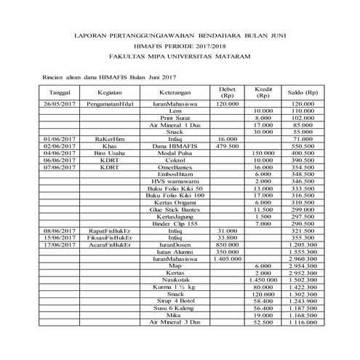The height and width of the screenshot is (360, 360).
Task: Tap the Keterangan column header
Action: point(175,94)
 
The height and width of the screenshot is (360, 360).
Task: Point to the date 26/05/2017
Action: point(60,105)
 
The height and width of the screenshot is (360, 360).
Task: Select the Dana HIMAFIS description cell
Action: point(175,146)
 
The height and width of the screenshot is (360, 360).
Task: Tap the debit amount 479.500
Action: point(229,146)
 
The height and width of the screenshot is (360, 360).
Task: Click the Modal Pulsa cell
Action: point(175,153)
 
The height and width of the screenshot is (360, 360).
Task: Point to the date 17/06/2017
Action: point(60,244)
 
